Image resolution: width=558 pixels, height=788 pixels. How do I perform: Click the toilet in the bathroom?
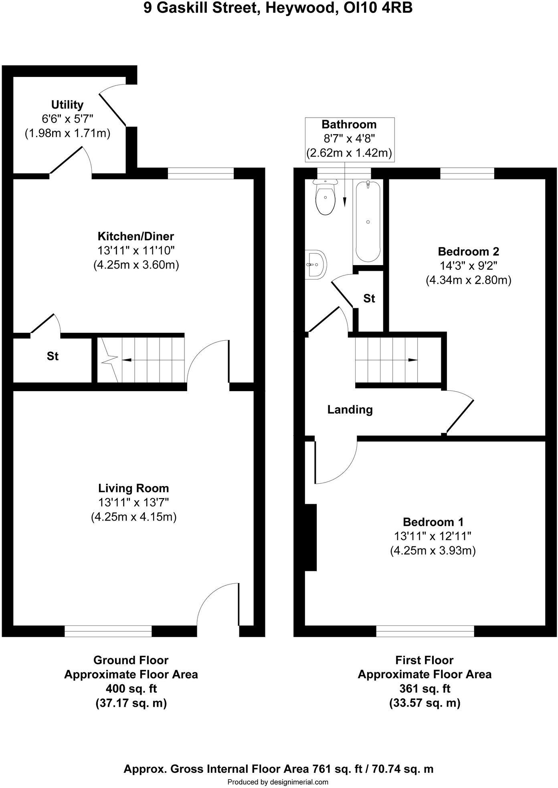coord(325,199)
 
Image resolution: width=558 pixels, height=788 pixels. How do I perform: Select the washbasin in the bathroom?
coord(316,265)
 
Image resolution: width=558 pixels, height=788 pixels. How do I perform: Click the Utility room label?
coord(67,105)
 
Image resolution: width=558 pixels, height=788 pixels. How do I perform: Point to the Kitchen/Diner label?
coord(136,236)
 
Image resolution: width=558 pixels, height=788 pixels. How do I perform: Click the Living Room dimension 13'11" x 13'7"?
coord(133,503)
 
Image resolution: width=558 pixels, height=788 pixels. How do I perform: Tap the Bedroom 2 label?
coord(468,251)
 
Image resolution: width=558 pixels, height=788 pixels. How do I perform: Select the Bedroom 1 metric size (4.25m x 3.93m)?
coord(433,551)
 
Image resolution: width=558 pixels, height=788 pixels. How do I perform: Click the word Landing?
coord(350,409)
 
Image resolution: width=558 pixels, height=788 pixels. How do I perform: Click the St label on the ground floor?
coord(53,356)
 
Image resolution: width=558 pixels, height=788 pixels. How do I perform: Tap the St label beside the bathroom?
coord(369,298)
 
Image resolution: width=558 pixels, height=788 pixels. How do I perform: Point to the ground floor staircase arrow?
coord(127,360)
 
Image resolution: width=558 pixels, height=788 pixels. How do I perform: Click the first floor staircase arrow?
coord(412,360)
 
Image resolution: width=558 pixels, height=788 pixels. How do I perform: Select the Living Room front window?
coord(108,631)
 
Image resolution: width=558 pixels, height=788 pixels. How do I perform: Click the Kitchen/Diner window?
coord(200,173)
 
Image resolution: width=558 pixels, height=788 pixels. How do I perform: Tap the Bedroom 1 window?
coord(425,631)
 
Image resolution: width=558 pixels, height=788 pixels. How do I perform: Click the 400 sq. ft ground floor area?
coord(131,689)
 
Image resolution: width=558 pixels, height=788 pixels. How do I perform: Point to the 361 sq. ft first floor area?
coord(425,689)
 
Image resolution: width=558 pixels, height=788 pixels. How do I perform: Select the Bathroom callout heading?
coord(349,125)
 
